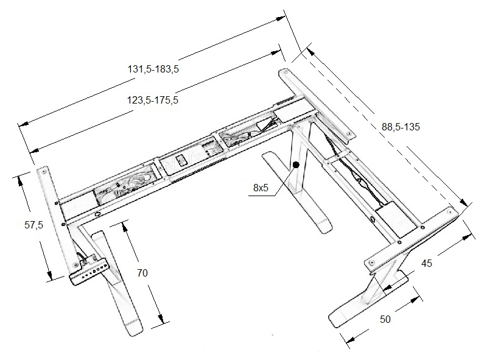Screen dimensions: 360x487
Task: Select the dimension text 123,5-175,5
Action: point(153,101)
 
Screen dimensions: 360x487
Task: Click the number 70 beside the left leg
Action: point(142,274)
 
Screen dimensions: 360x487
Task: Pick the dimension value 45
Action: point(427,263)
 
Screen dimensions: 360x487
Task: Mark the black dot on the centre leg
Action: point(296,164)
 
